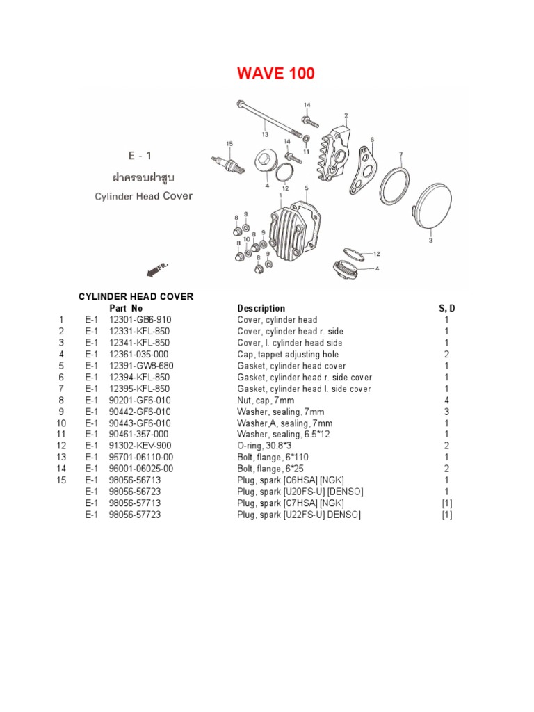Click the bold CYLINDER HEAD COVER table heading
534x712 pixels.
[x=135, y=296]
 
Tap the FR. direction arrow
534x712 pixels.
[x=155, y=268]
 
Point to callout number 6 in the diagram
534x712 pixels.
[x=372, y=140]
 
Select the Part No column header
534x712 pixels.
[x=126, y=308]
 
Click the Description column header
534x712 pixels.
[x=261, y=308]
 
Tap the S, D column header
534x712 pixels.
[x=446, y=308]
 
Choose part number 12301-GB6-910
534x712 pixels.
[x=140, y=320]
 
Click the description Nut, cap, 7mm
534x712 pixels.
[x=266, y=400]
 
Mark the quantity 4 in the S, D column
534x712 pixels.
[x=446, y=400]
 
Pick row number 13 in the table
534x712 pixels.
[x=60, y=458]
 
